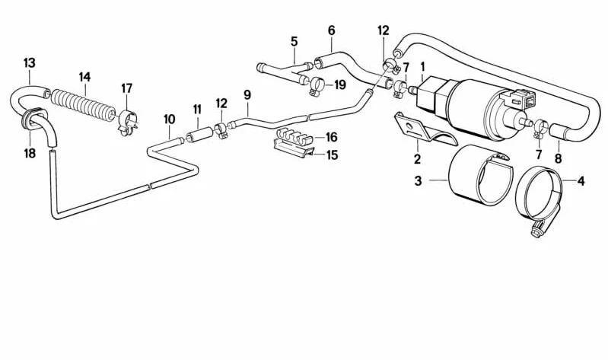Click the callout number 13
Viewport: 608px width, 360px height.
[x=29, y=62]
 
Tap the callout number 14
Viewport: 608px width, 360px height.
[x=84, y=76]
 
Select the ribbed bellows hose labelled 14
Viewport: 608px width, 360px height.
[x=82, y=104]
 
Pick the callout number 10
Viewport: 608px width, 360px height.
[x=169, y=119]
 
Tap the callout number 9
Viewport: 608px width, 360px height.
[x=247, y=94]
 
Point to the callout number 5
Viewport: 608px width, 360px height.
[x=293, y=40]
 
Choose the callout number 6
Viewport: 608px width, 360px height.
[x=331, y=30]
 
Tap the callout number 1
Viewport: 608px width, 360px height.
[x=422, y=67]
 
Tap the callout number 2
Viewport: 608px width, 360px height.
[x=417, y=159]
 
